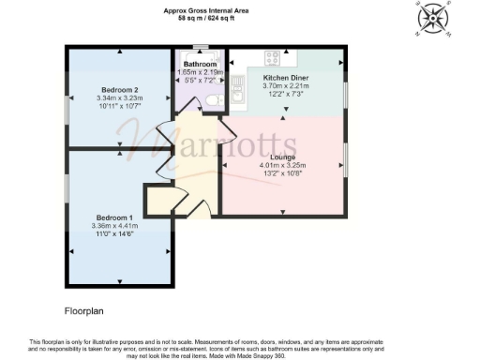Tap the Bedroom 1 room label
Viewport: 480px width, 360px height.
(x=114, y=217)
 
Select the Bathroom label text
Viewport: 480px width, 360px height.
(x=200, y=64)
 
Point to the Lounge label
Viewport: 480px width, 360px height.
(x=283, y=157)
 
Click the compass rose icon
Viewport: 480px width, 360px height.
(x=433, y=19)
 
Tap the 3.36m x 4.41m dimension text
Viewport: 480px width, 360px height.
(x=114, y=226)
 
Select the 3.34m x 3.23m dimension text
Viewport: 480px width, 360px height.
(x=116, y=97)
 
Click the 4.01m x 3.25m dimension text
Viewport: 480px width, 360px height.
(x=283, y=166)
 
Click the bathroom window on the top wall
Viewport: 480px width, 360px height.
(x=199, y=47)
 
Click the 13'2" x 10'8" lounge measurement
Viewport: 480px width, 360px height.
(x=283, y=173)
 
